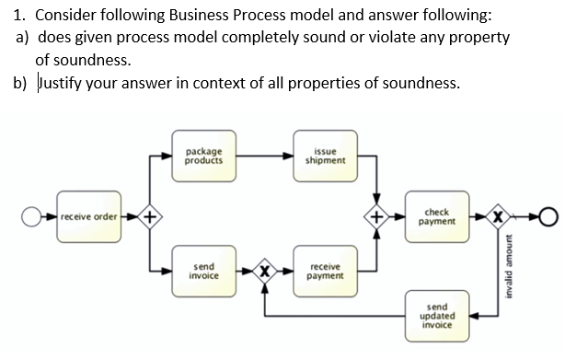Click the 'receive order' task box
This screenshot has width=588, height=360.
point(88,217)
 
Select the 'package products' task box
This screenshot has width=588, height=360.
point(201,156)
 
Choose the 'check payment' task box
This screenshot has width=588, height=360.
point(440,217)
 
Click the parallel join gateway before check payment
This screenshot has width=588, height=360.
point(377,218)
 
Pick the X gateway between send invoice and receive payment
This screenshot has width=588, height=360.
point(265,271)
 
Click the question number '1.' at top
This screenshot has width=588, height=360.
point(17,17)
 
